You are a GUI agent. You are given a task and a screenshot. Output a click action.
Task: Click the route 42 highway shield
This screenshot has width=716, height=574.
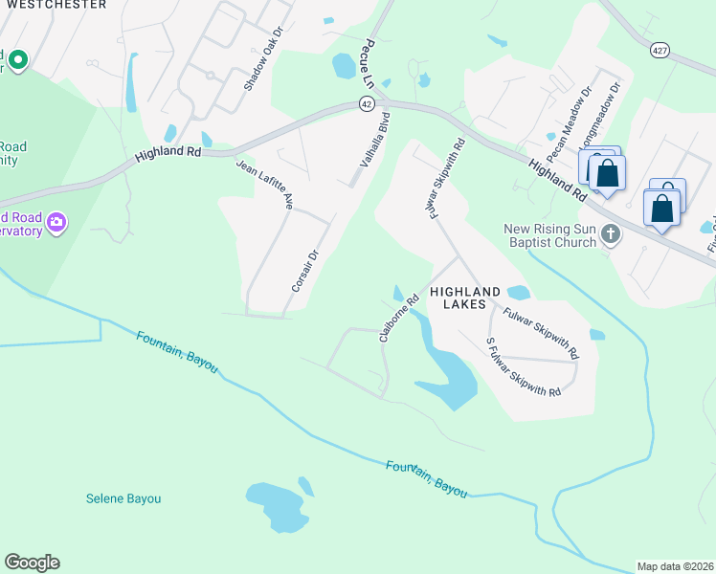click(x=367, y=103)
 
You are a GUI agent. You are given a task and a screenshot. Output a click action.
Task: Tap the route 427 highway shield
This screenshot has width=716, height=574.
click(x=659, y=50)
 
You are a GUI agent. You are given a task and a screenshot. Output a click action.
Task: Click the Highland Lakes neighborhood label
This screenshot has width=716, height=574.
click(x=465, y=298)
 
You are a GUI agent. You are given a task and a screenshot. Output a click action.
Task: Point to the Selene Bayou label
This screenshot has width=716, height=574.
click(x=123, y=498)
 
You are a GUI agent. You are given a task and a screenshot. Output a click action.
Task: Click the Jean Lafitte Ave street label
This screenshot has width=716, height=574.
click(x=264, y=184)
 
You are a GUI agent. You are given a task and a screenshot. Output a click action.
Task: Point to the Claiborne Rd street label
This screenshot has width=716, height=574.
click(x=399, y=317)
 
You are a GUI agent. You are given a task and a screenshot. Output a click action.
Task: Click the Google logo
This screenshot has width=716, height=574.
click(x=32, y=563)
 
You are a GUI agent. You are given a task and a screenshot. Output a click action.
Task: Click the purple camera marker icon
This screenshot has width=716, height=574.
click(x=56, y=222)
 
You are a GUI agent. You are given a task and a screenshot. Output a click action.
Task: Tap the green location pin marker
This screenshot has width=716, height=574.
click(x=17, y=58)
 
